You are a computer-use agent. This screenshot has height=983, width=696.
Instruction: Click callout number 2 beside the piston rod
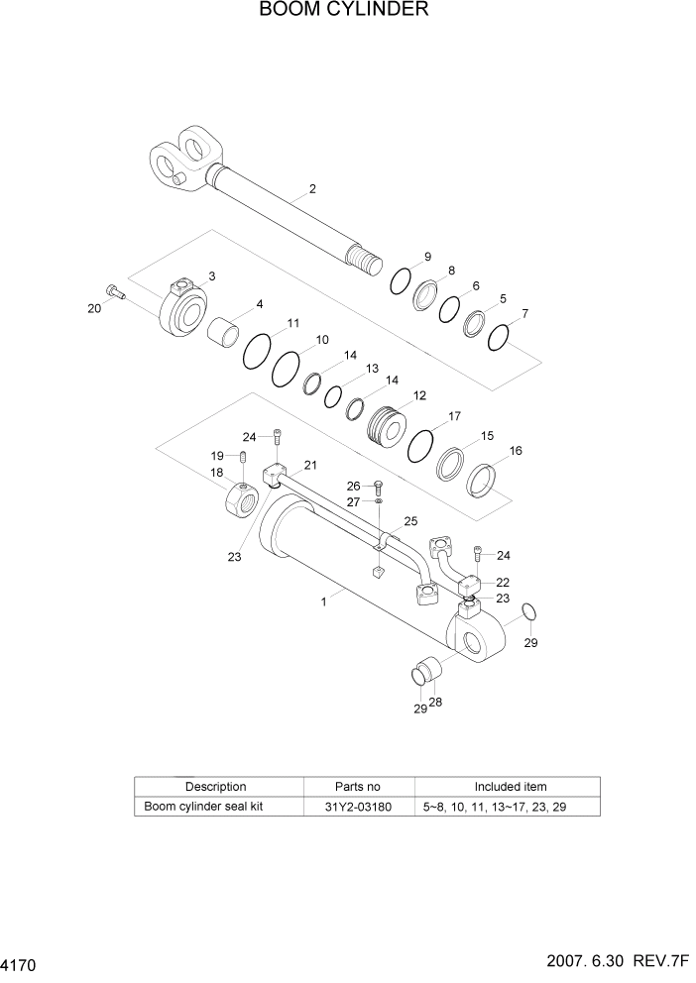coord(312,189)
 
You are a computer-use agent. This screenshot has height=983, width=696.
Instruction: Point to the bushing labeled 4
coord(225,330)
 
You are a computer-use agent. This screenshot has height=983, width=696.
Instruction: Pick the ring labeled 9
coord(400,280)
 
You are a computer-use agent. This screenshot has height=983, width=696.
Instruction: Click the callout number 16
coord(516,451)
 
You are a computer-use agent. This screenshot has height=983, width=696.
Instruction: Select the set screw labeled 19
coord(241,457)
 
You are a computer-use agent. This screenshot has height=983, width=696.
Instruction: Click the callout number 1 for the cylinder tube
coord(324,601)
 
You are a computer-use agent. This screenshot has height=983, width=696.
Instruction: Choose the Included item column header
coord(510,787)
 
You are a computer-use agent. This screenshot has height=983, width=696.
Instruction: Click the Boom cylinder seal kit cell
coord(203,807)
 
